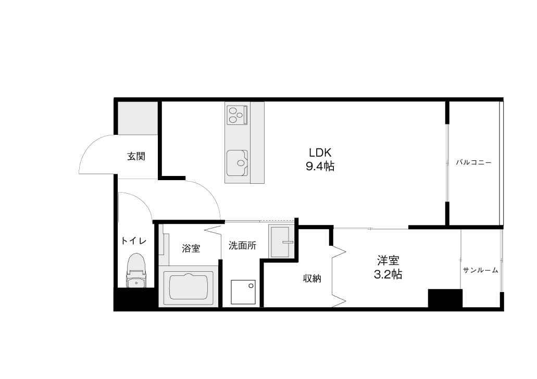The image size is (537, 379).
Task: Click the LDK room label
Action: pos(320,152)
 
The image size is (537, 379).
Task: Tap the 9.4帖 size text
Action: pos(320,167)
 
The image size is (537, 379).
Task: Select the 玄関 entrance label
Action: pos(136,157)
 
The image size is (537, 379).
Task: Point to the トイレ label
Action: pos(133,241)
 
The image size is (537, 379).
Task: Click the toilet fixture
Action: pos(136,271)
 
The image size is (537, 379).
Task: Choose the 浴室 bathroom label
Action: pos(191,248)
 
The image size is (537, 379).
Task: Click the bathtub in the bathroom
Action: pos(189,287)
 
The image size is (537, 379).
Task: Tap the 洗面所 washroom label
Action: pos(243,246)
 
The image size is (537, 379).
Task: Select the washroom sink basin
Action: pos(281,242)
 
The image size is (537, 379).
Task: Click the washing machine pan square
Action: pos(243,292)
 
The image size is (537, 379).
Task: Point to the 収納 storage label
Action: pos(312,279)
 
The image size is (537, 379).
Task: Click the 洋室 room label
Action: pos(388,260)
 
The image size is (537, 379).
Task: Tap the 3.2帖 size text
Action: pos(388,274)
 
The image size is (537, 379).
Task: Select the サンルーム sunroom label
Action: pos(481,270)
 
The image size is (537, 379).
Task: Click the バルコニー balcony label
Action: pos(473,162)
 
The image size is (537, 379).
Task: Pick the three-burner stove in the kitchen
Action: pos(238,115)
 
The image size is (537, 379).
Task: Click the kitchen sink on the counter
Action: pos(237,163)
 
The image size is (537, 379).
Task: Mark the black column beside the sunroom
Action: pos(445,298)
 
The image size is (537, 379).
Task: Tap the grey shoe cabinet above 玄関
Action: pos(138,118)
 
